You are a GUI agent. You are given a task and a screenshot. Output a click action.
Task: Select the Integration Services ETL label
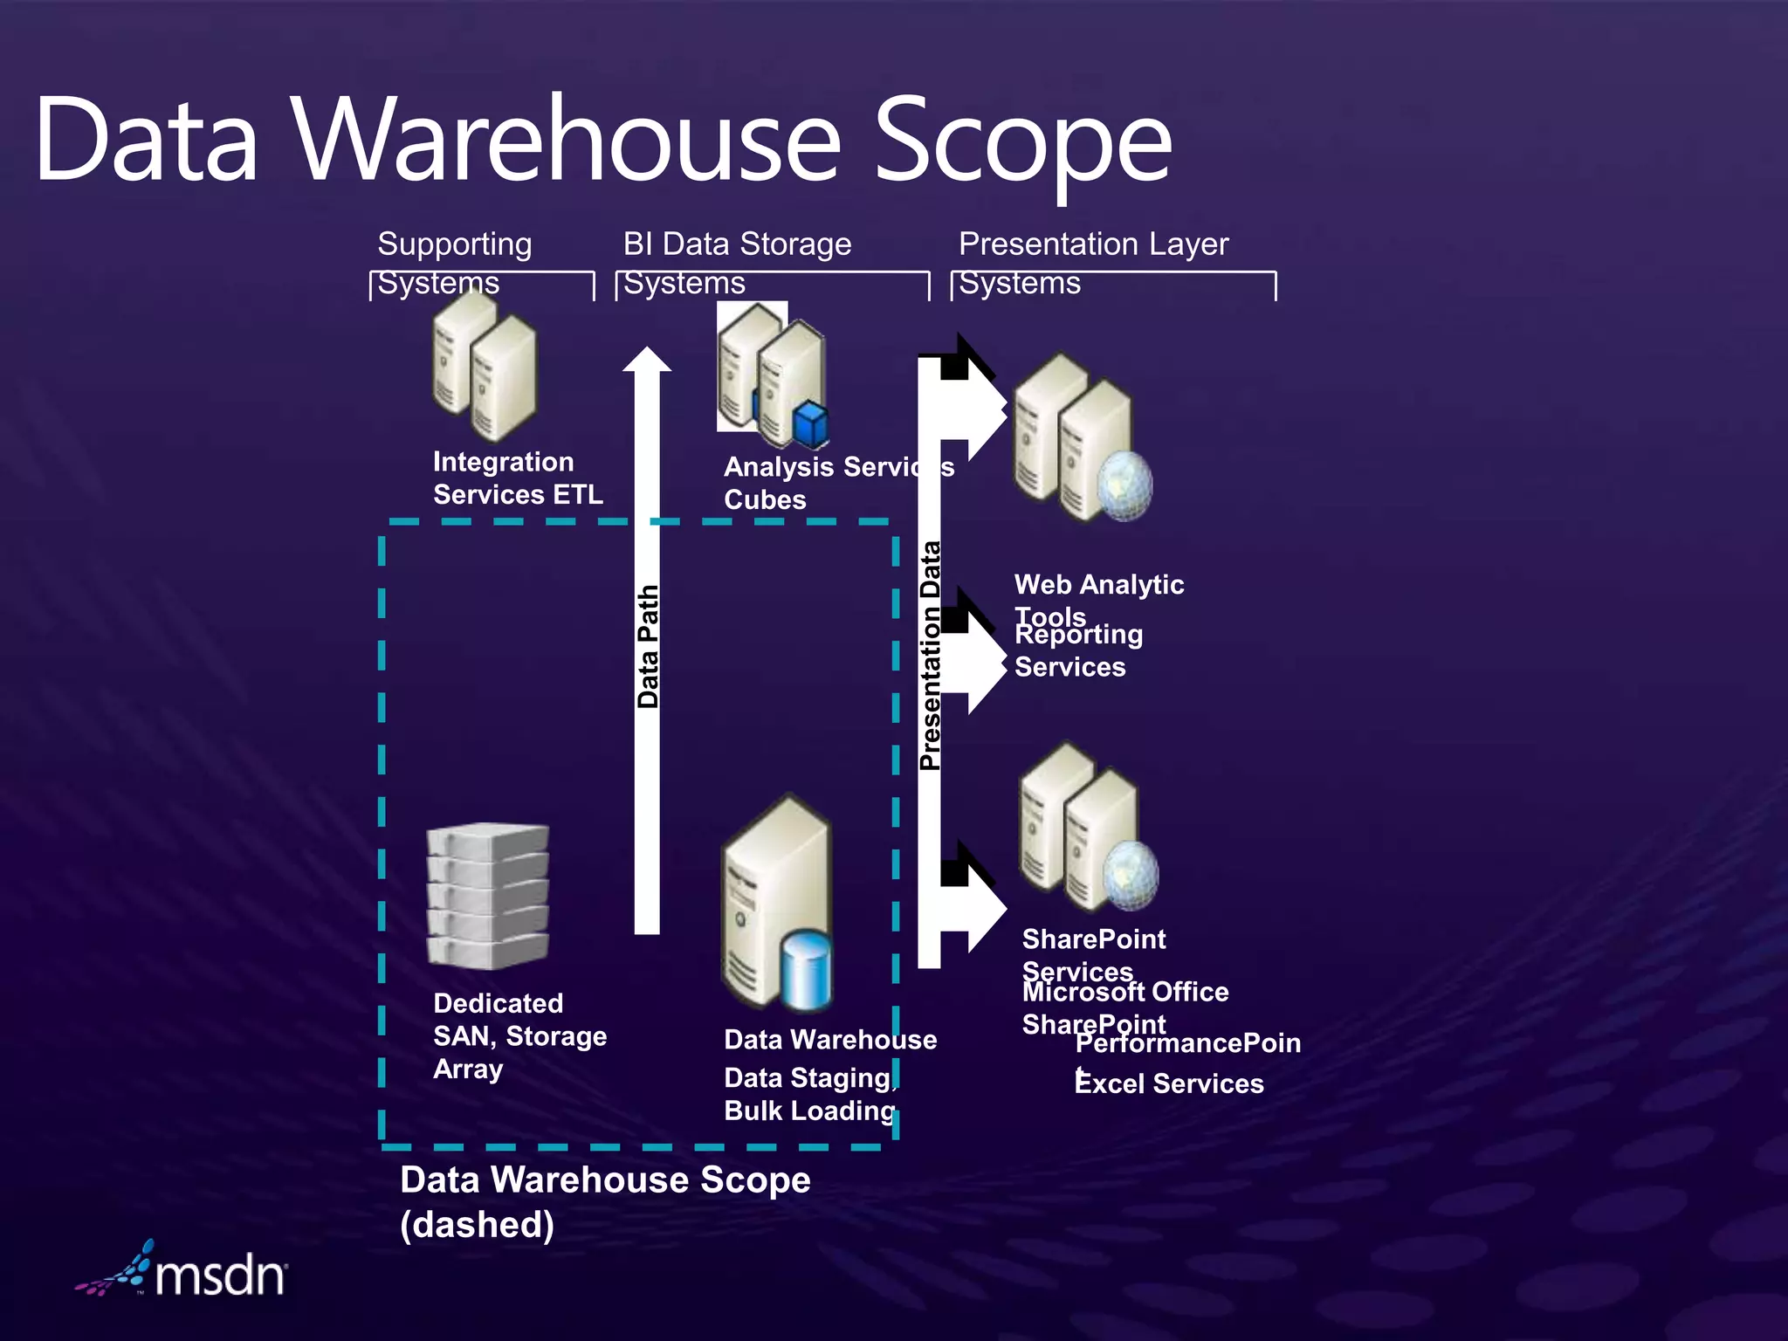pos(517,478)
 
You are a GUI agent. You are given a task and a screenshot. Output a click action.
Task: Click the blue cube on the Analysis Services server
pos(810,424)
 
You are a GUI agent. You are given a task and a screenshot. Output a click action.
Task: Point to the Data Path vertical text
pos(647,646)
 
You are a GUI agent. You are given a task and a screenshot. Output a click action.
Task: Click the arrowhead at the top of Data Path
pos(647,360)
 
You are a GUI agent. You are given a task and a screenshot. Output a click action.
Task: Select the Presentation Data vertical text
pos(930,655)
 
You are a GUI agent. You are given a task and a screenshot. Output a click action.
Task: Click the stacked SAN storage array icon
pos(487,896)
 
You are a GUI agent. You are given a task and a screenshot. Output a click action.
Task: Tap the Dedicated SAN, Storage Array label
pos(519,1035)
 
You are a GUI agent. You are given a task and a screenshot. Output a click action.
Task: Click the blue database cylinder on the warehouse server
pos(807,969)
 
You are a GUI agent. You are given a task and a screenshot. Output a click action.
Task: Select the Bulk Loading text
pos(809,1111)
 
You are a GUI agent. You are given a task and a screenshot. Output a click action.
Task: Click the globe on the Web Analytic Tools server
pos(1124,485)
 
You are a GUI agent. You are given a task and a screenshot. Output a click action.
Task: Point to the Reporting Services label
pos(1077,650)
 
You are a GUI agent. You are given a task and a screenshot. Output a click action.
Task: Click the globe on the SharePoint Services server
pos(1131,875)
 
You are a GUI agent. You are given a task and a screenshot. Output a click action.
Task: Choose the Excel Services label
pos(1169,1083)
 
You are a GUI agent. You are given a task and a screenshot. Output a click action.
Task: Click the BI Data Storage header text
pos(737,244)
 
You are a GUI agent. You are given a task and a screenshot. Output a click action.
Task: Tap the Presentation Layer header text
pos(1093,244)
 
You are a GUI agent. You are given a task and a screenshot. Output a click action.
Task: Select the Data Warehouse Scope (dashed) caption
pos(604,1201)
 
